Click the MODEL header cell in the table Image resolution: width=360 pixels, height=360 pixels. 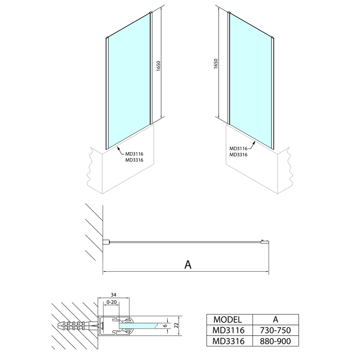[228, 319]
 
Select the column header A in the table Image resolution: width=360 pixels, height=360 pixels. [275, 319]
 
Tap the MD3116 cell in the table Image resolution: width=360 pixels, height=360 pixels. [229, 330]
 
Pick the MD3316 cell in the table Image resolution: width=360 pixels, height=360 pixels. [229, 341]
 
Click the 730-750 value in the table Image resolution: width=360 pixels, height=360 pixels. [275, 330]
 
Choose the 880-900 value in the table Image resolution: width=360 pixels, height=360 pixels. [275, 341]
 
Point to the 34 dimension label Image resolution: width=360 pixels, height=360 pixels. [113, 295]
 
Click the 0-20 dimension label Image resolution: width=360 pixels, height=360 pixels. [112, 302]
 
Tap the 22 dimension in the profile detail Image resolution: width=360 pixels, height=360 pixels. [176, 325]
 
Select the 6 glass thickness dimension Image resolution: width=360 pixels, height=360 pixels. [165, 326]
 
